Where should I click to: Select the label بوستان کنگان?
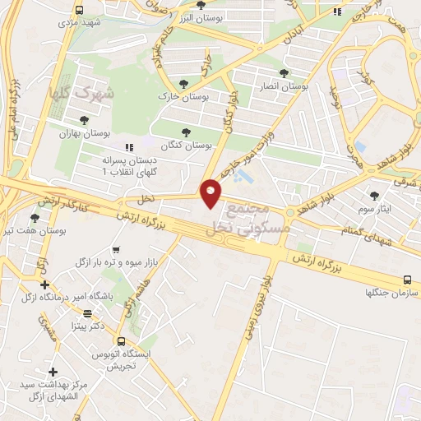point(187,145)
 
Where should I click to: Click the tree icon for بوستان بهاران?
point(84,119)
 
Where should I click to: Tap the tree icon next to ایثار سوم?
point(376,195)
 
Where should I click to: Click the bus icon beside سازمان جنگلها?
point(409,280)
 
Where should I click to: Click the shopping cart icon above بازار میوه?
point(115,249)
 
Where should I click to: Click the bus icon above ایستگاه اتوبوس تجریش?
point(121,340)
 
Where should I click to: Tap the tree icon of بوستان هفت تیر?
point(35,218)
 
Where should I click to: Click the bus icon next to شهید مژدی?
point(79,11)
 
